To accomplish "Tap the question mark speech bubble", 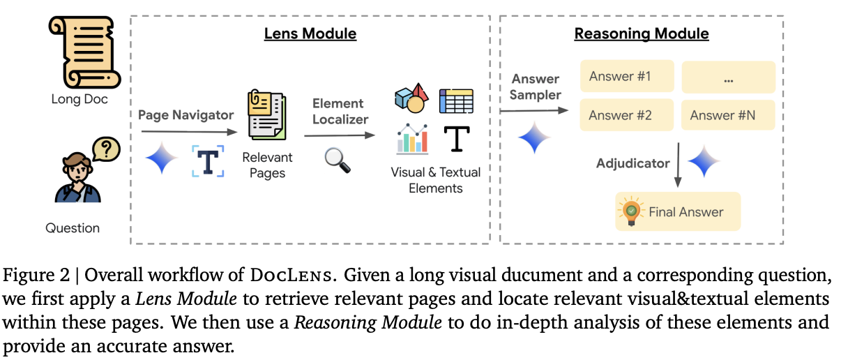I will tap(106, 149).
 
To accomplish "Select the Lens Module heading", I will tap(310, 33).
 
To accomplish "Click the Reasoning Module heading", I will tap(641, 33).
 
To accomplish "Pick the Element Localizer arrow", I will tap(340, 137).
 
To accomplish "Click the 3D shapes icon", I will tap(411, 99).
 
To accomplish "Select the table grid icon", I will tap(456, 101).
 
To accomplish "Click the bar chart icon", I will tap(412, 139).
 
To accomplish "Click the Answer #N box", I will tap(728, 115).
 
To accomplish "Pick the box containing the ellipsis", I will tap(728, 77).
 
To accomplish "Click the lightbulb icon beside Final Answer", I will tap(632, 211).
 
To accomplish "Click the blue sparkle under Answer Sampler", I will tap(534, 137).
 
